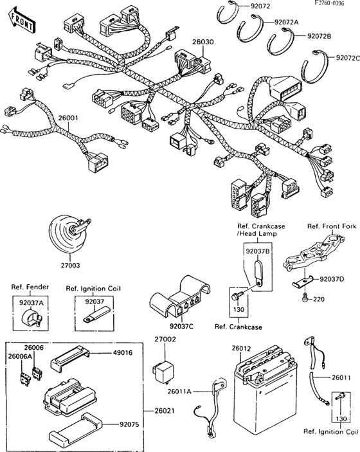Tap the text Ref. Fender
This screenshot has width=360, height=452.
pos(30,288)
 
